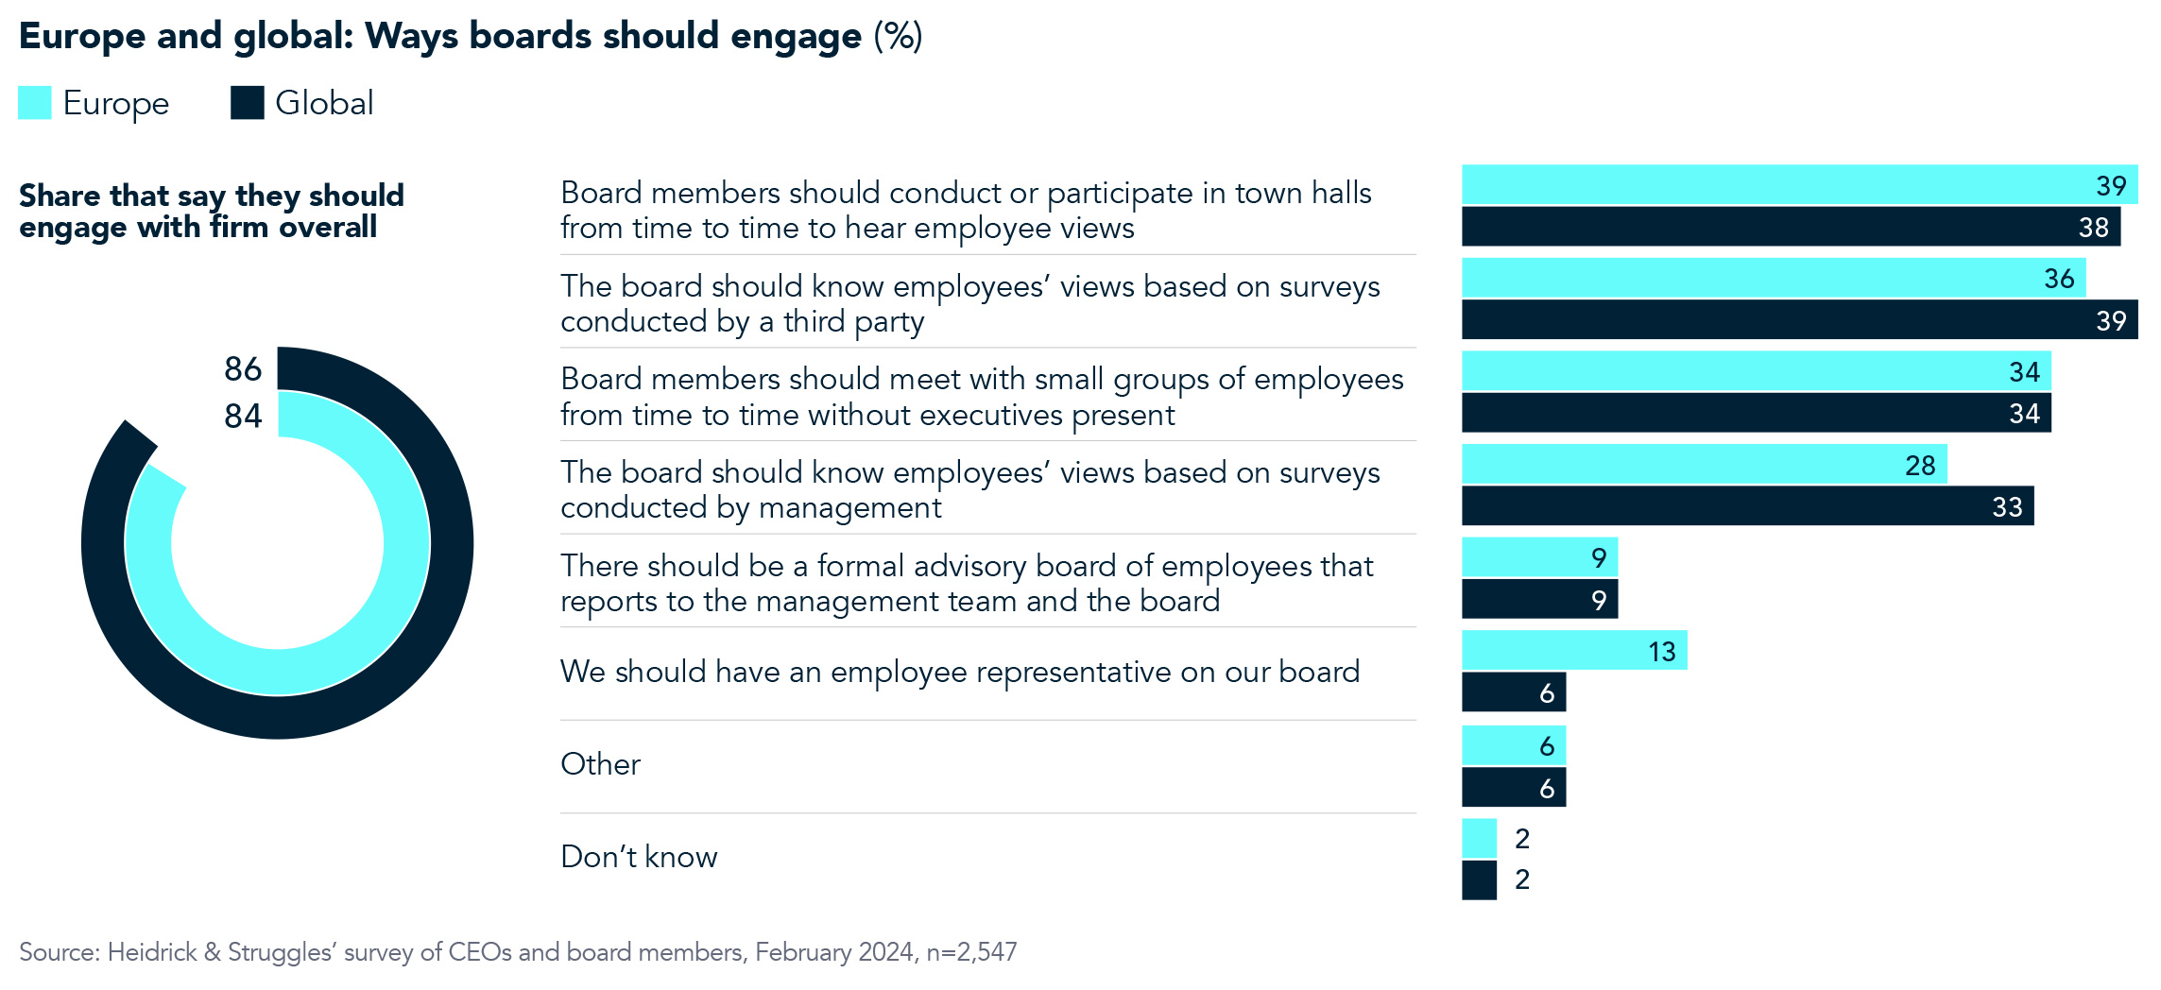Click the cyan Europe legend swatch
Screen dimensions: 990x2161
tap(35, 103)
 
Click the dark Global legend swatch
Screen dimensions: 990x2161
tap(248, 103)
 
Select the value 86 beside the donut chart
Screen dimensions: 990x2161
tap(243, 369)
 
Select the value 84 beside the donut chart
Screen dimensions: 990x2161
tap(243, 417)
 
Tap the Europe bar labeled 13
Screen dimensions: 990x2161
tap(1573, 651)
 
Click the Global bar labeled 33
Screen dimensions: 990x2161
tap(1746, 506)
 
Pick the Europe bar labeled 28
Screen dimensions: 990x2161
tap(1704, 465)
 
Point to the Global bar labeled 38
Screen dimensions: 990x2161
tap(1790, 227)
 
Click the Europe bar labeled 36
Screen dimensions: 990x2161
tap(1773, 279)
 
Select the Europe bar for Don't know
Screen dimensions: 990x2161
tap(1479, 838)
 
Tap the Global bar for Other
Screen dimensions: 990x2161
tap(1513, 788)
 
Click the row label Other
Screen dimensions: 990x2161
tap(600, 764)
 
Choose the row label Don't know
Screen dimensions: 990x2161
tap(639, 857)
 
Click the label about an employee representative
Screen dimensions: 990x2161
tap(959, 672)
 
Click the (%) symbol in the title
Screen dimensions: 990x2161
tap(898, 36)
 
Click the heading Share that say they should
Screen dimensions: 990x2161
tap(212, 196)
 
